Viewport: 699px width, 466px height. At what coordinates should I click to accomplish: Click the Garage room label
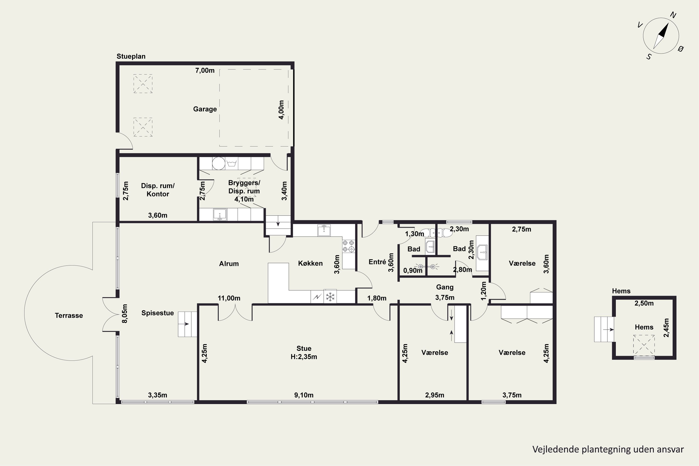(x=205, y=109)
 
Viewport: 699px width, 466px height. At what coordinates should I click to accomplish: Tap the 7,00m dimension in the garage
(x=205, y=70)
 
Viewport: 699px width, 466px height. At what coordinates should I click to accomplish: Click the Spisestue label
(x=158, y=313)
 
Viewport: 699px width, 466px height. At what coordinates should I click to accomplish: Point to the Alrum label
(x=229, y=264)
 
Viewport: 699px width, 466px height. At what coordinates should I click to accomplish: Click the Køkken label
(x=310, y=263)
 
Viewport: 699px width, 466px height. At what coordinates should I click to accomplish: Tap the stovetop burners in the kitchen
(x=349, y=246)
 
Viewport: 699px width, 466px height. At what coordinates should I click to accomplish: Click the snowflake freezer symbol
(x=330, y=296)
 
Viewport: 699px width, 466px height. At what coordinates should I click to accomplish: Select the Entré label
(x=377, y=262)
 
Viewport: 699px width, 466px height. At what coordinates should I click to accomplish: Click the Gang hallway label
(x=445, y=287)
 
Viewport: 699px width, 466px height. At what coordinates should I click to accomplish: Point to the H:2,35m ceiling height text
(x=304, y=357)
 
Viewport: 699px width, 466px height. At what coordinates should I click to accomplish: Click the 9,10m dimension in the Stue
(x=304, y=395)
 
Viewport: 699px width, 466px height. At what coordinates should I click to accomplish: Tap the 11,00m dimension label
(x=229, y=298)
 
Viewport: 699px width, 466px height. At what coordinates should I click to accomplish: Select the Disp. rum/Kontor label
(x=158, y=190)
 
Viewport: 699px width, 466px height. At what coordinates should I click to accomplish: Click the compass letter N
(x=673, y=15)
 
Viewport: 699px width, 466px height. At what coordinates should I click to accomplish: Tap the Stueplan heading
(x=131, y=56)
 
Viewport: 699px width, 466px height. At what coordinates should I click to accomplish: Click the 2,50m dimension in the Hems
(x=644, y=303)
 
